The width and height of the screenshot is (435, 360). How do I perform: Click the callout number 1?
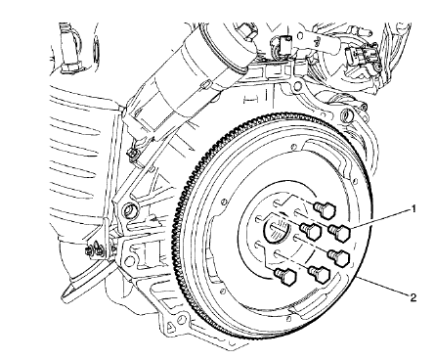pyautogui.click(x=413, y=208)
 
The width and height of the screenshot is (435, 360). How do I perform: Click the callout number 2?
pyautogui.click(x=413, y=297)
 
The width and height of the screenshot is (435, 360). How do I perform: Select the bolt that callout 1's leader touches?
pyautogui.click(x=339, y=233)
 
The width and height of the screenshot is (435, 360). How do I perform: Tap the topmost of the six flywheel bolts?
pyautogui.click(x=325, y=209)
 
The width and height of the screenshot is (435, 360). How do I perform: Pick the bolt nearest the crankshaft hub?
pyautogui.click(x=311, y=231)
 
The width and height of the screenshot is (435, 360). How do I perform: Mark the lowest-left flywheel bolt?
pyautogui.click(x=285, y=277)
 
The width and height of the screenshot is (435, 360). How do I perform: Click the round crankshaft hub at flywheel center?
pyautogui.click(x=277, y=231)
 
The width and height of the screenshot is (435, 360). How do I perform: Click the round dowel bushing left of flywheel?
pyautogui.click(x=130, y=209)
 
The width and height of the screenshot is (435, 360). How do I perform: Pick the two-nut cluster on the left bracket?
pyautogui.click(x=95, y=249)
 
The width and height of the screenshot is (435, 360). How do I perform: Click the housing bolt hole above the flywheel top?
pyautogui.click(x=297, y=85)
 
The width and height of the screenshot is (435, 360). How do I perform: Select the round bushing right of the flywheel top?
pyautogui.click(x=347, y=114)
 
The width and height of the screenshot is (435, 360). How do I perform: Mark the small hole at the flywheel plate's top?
pyautogui.click(x=294, y=147)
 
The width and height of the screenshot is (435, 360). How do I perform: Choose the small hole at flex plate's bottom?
pyautogui.click(x=289, y=317)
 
